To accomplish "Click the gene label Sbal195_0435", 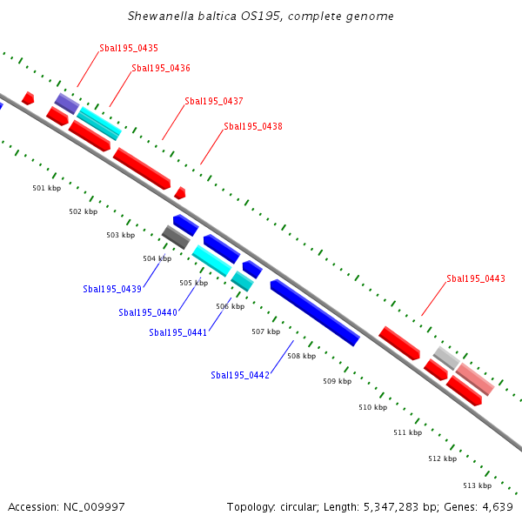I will [x=129, y=48].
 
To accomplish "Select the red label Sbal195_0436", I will [x=161, y=68].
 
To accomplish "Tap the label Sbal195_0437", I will [x=214, y=101].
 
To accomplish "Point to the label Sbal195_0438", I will [x=253, y=126].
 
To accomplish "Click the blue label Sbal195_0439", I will [x=112, y=289].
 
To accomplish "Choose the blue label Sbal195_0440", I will [x=148, y=312].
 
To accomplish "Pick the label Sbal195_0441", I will [x=178, y=332].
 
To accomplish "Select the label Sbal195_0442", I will [x=240, y=375].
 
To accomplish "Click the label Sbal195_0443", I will [x=476, y=278].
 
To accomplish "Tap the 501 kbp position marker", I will [x=46, y=188].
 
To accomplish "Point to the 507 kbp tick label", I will [x=265, y=331].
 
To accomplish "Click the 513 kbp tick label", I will [x=478, y=485].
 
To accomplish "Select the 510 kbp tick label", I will [x=372, y=407].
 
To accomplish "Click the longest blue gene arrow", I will [x=315, y=312].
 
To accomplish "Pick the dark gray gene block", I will [x=175, y=237].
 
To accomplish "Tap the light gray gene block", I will [x=446, y=357].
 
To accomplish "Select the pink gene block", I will [x=475, y=379].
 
